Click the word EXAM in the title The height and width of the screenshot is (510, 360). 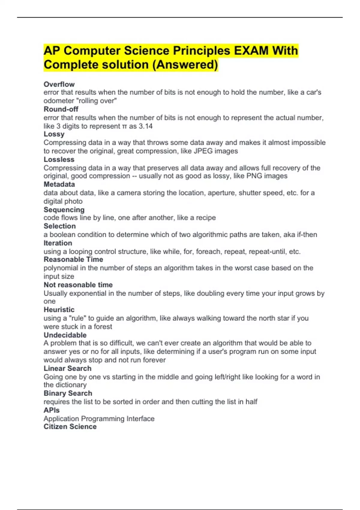click(x=251, y=51)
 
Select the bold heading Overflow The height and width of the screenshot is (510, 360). click(x=59, y=84)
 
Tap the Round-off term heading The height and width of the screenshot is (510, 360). click(x=61, y=109)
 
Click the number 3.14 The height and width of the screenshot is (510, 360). click(x=145, y=126)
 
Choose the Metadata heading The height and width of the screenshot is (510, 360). click(x=59, y=184)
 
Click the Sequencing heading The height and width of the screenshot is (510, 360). click(x=64, y=209)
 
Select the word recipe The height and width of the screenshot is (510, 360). click(x=206, y=217)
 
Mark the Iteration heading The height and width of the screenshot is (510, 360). click(x=58, y=243)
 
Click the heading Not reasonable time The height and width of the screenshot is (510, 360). click(x=78, y=285)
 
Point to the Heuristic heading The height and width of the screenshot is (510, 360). click(x=59, y=310)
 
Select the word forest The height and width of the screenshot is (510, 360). click(x=103, y=326)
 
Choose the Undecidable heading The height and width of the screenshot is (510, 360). click(x=65, y=335)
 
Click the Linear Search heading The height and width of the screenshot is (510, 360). click(x=67, y=368)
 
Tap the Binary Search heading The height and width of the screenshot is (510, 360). click(x=68, y=393)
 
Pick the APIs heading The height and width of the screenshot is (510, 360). click(x=52, y=410)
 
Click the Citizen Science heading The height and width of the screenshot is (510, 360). click(x=70, y=427)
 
